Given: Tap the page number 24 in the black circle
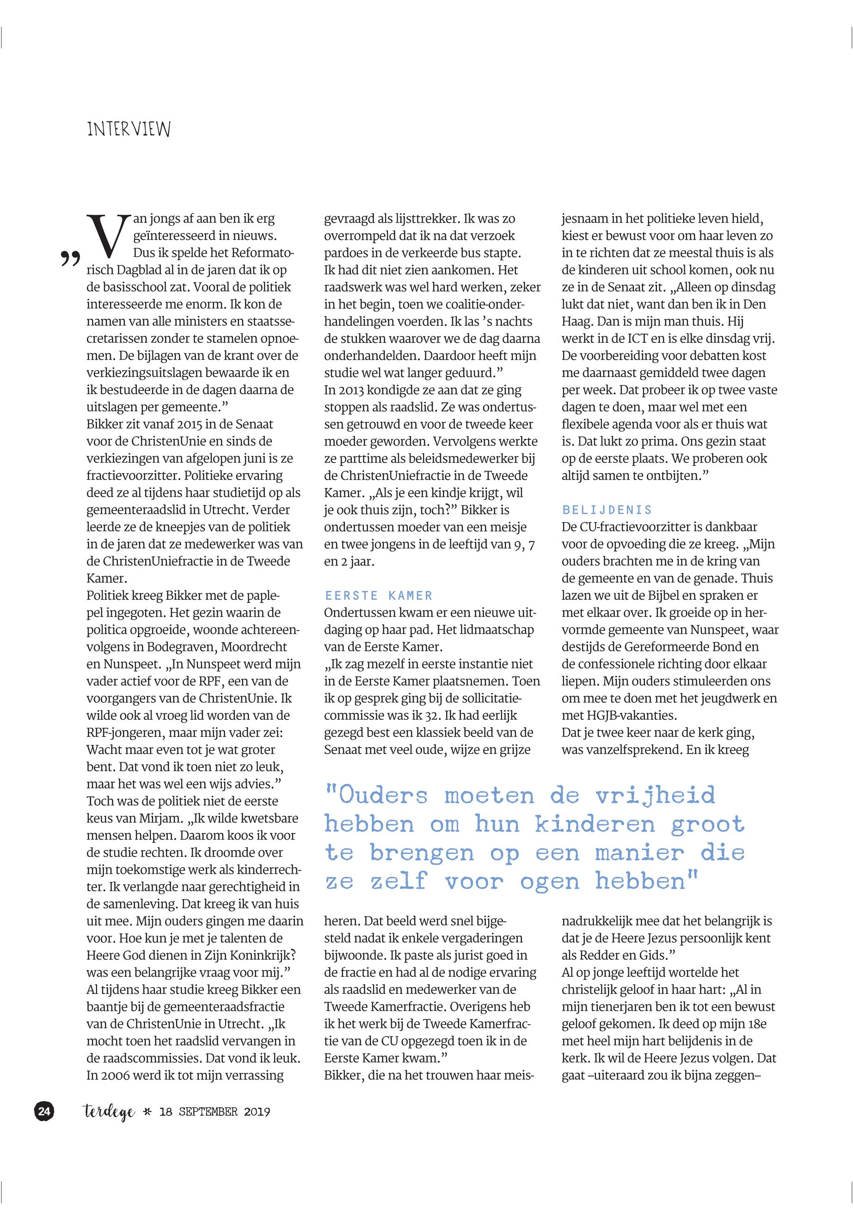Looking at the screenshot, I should (44, 1112).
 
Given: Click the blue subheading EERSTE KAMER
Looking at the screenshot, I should (378, 596).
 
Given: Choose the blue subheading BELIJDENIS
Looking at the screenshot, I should (607, 510).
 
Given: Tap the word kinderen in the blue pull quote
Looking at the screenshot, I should (595, 825).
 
